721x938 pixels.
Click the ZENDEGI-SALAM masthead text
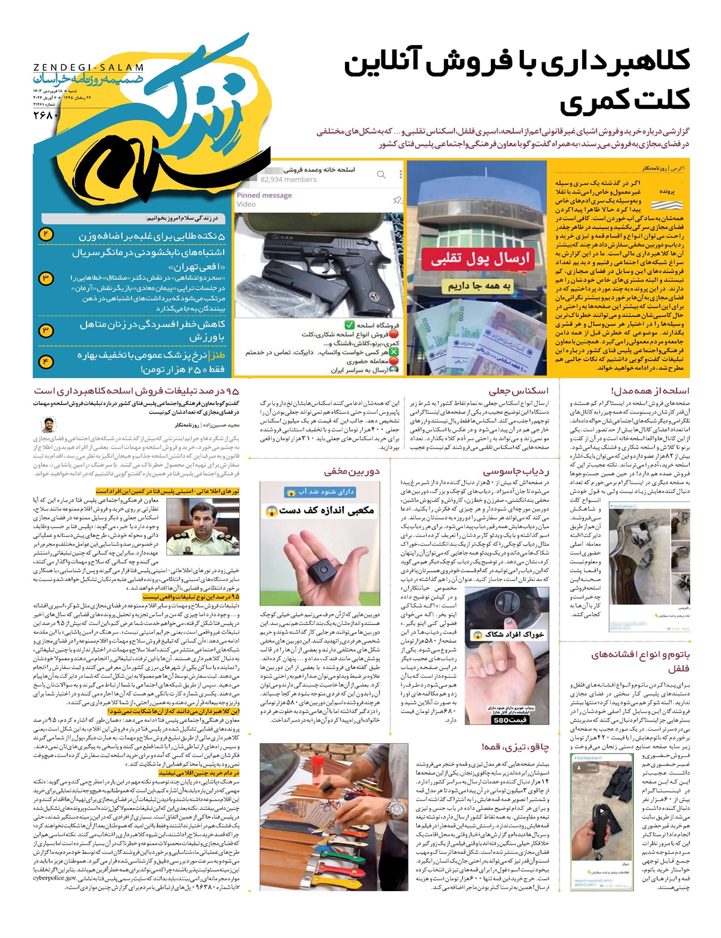point(88,67)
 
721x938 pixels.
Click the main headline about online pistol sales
point(517,81)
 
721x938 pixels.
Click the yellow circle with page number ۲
point(46,234)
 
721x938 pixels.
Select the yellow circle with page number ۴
point(46,361)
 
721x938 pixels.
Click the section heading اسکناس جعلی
point(519,391)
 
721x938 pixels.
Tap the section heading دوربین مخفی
point(352,471)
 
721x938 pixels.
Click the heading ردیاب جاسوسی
point(516,471)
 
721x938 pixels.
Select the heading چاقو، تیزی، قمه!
point(515,747)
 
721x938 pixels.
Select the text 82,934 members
point(288,179)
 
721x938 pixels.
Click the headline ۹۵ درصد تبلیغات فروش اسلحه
point(136,391)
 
